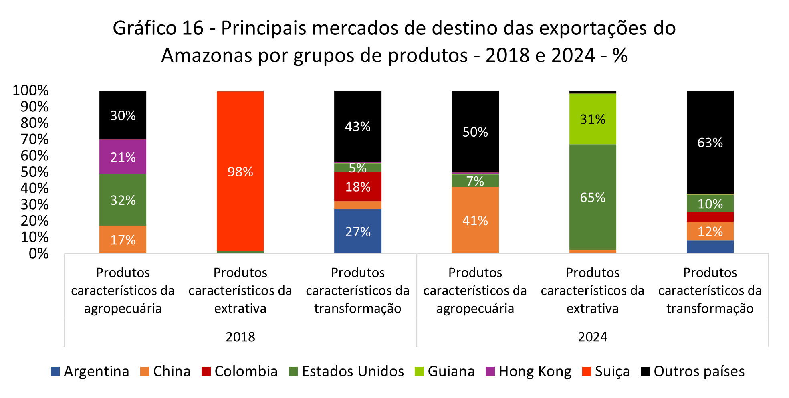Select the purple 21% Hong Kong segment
(123, 157)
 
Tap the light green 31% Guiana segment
(593, 119)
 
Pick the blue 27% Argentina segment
(357, 231)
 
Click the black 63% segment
(710, 142)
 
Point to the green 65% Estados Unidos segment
(593, 197)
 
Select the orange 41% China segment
(475, 220)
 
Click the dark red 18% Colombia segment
(357, 186)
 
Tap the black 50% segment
(475, 131)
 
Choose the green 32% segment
(123, 200)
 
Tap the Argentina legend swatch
(55, 371)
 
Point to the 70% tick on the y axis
(34, 139)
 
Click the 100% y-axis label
(30, 91)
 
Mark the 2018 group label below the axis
(240, 337)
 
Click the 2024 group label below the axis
(592, 337)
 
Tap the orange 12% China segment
(710, 231)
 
